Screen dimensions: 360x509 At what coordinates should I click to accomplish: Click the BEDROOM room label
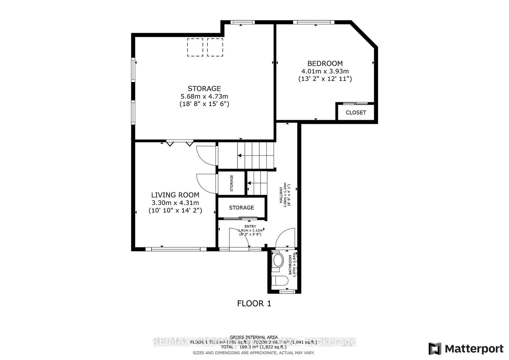(x=325, y=63)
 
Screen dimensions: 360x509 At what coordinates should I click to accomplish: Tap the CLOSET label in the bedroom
(x=356, y=112)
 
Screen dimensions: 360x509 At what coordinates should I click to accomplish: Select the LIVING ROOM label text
(x=175, y=195)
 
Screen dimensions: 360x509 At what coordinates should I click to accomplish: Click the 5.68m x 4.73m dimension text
(x=204, y=96)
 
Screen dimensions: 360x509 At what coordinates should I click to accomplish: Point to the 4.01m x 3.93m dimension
(x=325, y=71)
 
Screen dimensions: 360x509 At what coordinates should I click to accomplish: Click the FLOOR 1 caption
(x=254, y=303)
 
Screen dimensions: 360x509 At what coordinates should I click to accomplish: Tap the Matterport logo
(x=466, y=349)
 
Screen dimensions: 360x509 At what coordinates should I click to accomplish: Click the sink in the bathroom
(x=278, y=260)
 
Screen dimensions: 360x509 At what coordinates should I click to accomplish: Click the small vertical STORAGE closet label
(x=231, y=183)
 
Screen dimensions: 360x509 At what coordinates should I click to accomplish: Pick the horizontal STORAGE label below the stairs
(x=241, y=208)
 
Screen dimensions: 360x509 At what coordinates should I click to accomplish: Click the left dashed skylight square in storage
(x=195, y=47)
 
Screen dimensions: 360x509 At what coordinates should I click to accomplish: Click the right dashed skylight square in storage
(x=215, y=47)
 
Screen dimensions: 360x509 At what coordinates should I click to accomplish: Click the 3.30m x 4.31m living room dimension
(x=175, y=203)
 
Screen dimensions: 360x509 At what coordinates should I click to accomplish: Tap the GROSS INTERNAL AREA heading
(x=254, y=337)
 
